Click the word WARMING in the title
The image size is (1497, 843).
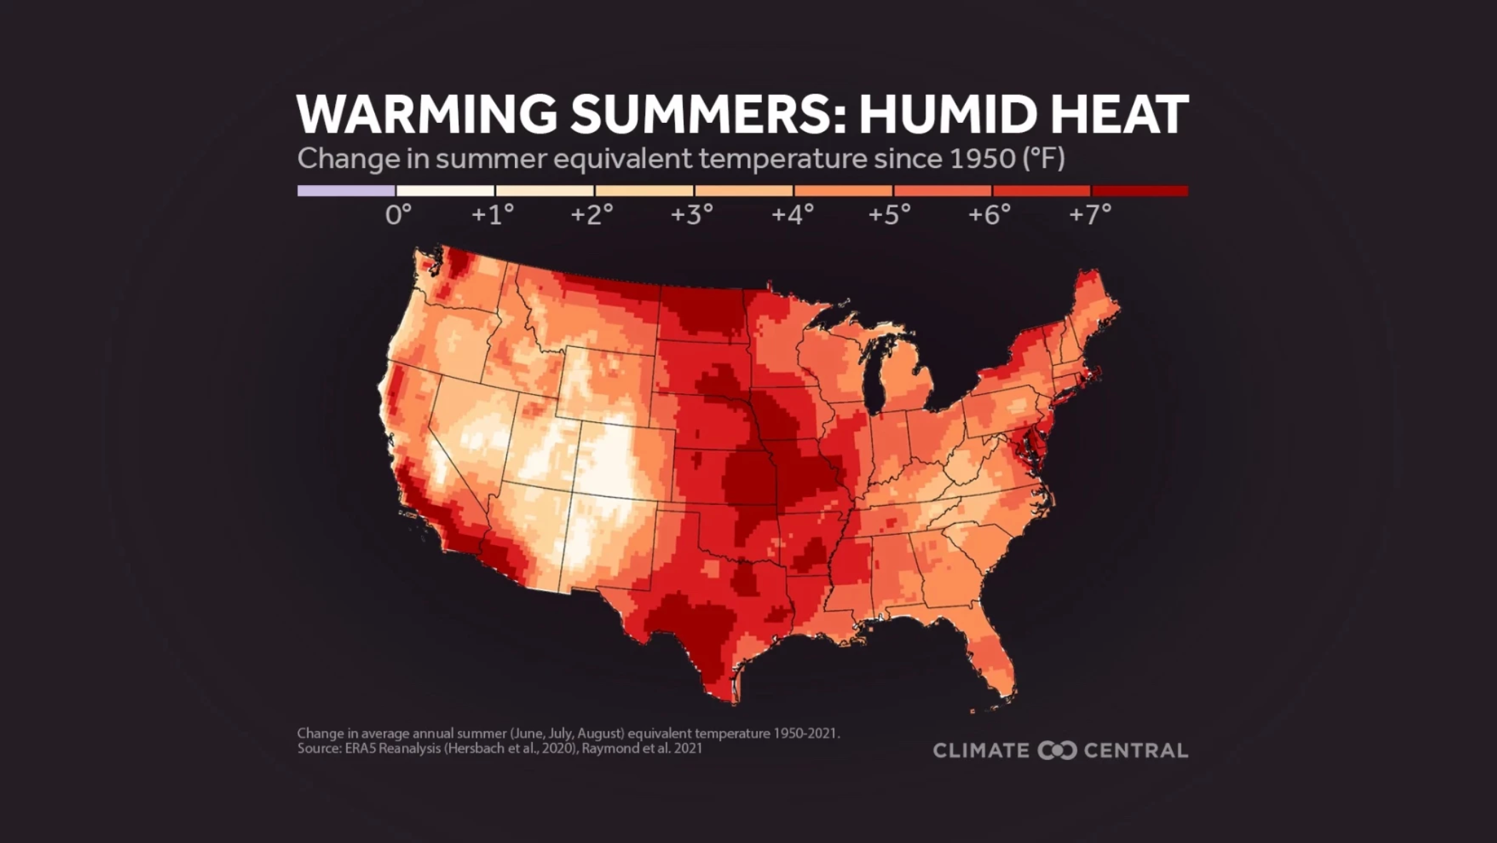click(x=427, y=114)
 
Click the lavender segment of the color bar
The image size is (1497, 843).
click(x=346, y=191)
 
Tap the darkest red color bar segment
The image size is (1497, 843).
click(x=1140, y=191)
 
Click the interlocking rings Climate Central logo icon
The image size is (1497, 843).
click(x=1057, y=751)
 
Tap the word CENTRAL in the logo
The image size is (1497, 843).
click(x=1136, y=751)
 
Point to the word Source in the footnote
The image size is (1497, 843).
click(x=315, y=749)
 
